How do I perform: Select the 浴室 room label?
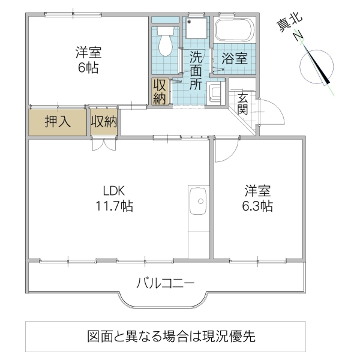(234, 59)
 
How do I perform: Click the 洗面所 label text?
(196, 71)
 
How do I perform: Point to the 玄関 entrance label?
(243, 103)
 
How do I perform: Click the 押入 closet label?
(58, 122)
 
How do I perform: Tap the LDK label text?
(113, 191)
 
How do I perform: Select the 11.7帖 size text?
(113, 206)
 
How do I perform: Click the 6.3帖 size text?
(257, 206)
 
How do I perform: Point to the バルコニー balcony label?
(165, 283)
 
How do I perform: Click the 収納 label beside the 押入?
(104, 122)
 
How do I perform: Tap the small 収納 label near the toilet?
(159, 92)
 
